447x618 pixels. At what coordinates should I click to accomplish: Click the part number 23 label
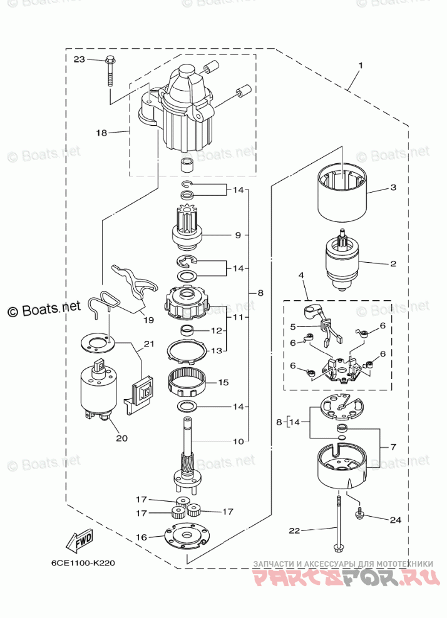tap(78, 59)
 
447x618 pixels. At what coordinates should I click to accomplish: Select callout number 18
tap(101, 133)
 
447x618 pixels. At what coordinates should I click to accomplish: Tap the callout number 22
tap(294, 530)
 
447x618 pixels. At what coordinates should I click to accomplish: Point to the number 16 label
tap(142, 537)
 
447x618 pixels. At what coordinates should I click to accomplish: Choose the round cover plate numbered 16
tap(185, 535)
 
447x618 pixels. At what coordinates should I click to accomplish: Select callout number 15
tap(223, 382)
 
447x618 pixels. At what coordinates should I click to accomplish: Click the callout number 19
tap(148, 320)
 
